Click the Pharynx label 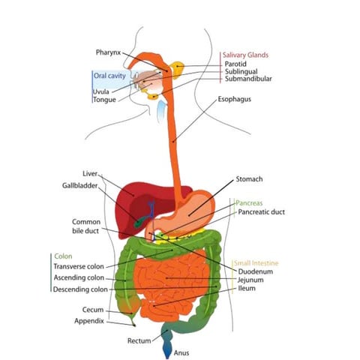click(x=109, y=52)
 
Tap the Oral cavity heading click(x=109, y=76)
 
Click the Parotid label click(x=235, y=64)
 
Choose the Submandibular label click(x=247, y=79)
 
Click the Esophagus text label click(x=235, y=98)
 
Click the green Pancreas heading click(x=249, y=203)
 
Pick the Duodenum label click(x=254, y=271)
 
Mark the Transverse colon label click(x=79, y=265)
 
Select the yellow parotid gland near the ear click(x=177, y=70)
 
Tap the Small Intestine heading click(x=257, y=263)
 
